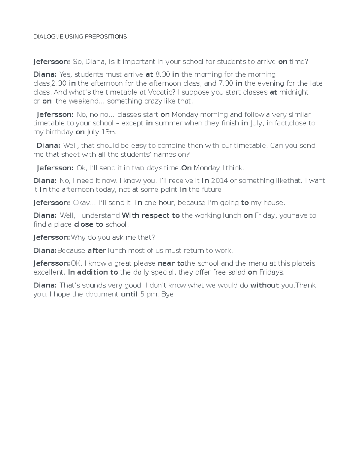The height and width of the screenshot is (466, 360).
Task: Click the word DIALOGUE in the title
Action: point(48,37)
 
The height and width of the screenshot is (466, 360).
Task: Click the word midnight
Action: point(294,92)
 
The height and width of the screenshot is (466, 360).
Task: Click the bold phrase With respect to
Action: point(151,215)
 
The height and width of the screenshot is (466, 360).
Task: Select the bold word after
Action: point(97,251)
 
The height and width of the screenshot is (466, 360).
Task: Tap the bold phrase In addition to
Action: point(93,272)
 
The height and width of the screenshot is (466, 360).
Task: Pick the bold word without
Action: point(265,285)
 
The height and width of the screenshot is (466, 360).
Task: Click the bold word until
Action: point(129,294)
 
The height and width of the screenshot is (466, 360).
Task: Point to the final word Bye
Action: point(167,294)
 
